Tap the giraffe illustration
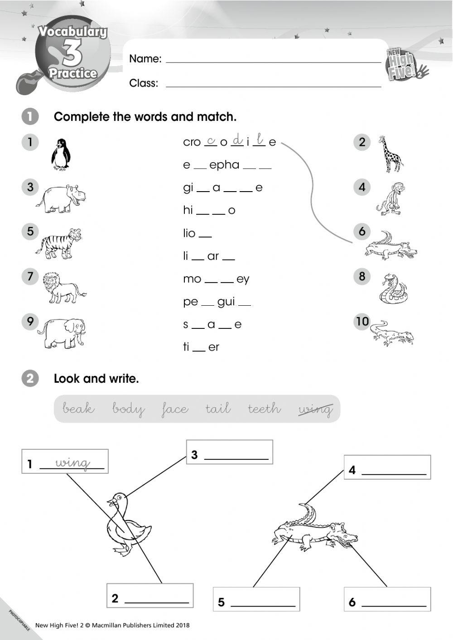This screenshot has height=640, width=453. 391,154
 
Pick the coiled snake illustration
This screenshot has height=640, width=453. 391,288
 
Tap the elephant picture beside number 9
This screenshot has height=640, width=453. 61,333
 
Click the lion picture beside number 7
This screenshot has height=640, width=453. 63,288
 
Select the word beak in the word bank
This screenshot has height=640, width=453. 78,409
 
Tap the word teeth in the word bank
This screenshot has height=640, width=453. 264,409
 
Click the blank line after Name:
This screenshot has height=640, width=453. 273,59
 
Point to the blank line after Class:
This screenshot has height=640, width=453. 273,83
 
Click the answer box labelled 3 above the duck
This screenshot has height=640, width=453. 230,452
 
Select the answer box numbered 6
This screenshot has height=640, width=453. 387,599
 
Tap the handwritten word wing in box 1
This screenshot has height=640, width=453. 72,463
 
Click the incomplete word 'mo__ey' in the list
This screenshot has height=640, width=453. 216,279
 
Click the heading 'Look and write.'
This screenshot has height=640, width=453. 96,379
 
